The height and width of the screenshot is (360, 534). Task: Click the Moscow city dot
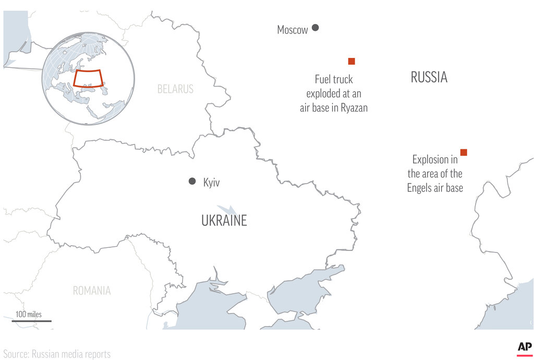click(315, 28)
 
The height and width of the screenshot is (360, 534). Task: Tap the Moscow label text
click(292, 30)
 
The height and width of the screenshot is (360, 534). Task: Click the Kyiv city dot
click(192, 181)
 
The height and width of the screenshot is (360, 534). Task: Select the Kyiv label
click(211, 183)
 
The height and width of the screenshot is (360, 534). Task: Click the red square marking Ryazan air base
click(351, 61)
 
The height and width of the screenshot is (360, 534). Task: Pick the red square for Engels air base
click(464, 152)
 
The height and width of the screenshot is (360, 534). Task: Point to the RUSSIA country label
click(429, 78)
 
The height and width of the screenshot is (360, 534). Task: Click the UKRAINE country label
click(224, 221)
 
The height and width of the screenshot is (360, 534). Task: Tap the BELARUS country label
click(175, 89)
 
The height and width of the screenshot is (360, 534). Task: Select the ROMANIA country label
click(92, 291)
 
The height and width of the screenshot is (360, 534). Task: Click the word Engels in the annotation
click(420, 188)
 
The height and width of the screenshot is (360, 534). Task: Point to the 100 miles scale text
click(28, 315)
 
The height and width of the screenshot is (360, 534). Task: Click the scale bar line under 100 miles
click(31, 321)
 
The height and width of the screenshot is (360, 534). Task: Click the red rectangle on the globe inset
click(88, 78)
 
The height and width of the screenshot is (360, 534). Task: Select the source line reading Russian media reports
click(57, 354)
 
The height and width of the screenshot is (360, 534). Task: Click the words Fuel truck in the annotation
click(333, 80)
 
